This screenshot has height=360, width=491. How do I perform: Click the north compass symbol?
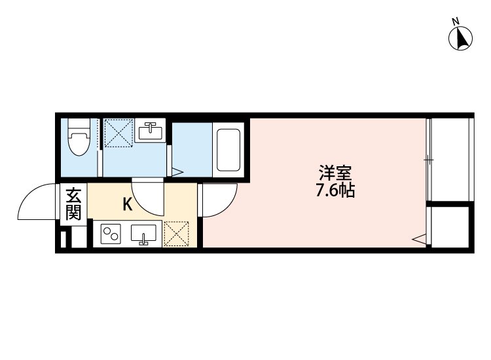(x=461, y=37)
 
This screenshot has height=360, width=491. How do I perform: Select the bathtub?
(x=228, y=149)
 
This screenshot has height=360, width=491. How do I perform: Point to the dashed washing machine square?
(x=119, y=133)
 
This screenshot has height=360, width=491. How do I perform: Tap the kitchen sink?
(x=144, y=233)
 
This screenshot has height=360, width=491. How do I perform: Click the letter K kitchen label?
(x=128, y=204)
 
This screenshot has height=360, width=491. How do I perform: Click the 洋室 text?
(x=335, y=174)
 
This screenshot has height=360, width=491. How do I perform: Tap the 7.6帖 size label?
(x=335, y=192)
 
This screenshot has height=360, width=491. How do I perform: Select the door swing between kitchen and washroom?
(x=149, y=196)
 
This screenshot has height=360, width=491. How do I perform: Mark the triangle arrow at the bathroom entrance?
(x=177, y=173)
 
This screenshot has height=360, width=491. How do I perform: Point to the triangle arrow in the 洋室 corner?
(x=418, y=240)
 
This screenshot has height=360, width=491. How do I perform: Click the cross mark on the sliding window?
(x=427, y=158)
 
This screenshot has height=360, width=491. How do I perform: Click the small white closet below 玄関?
(x=73, y=237)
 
